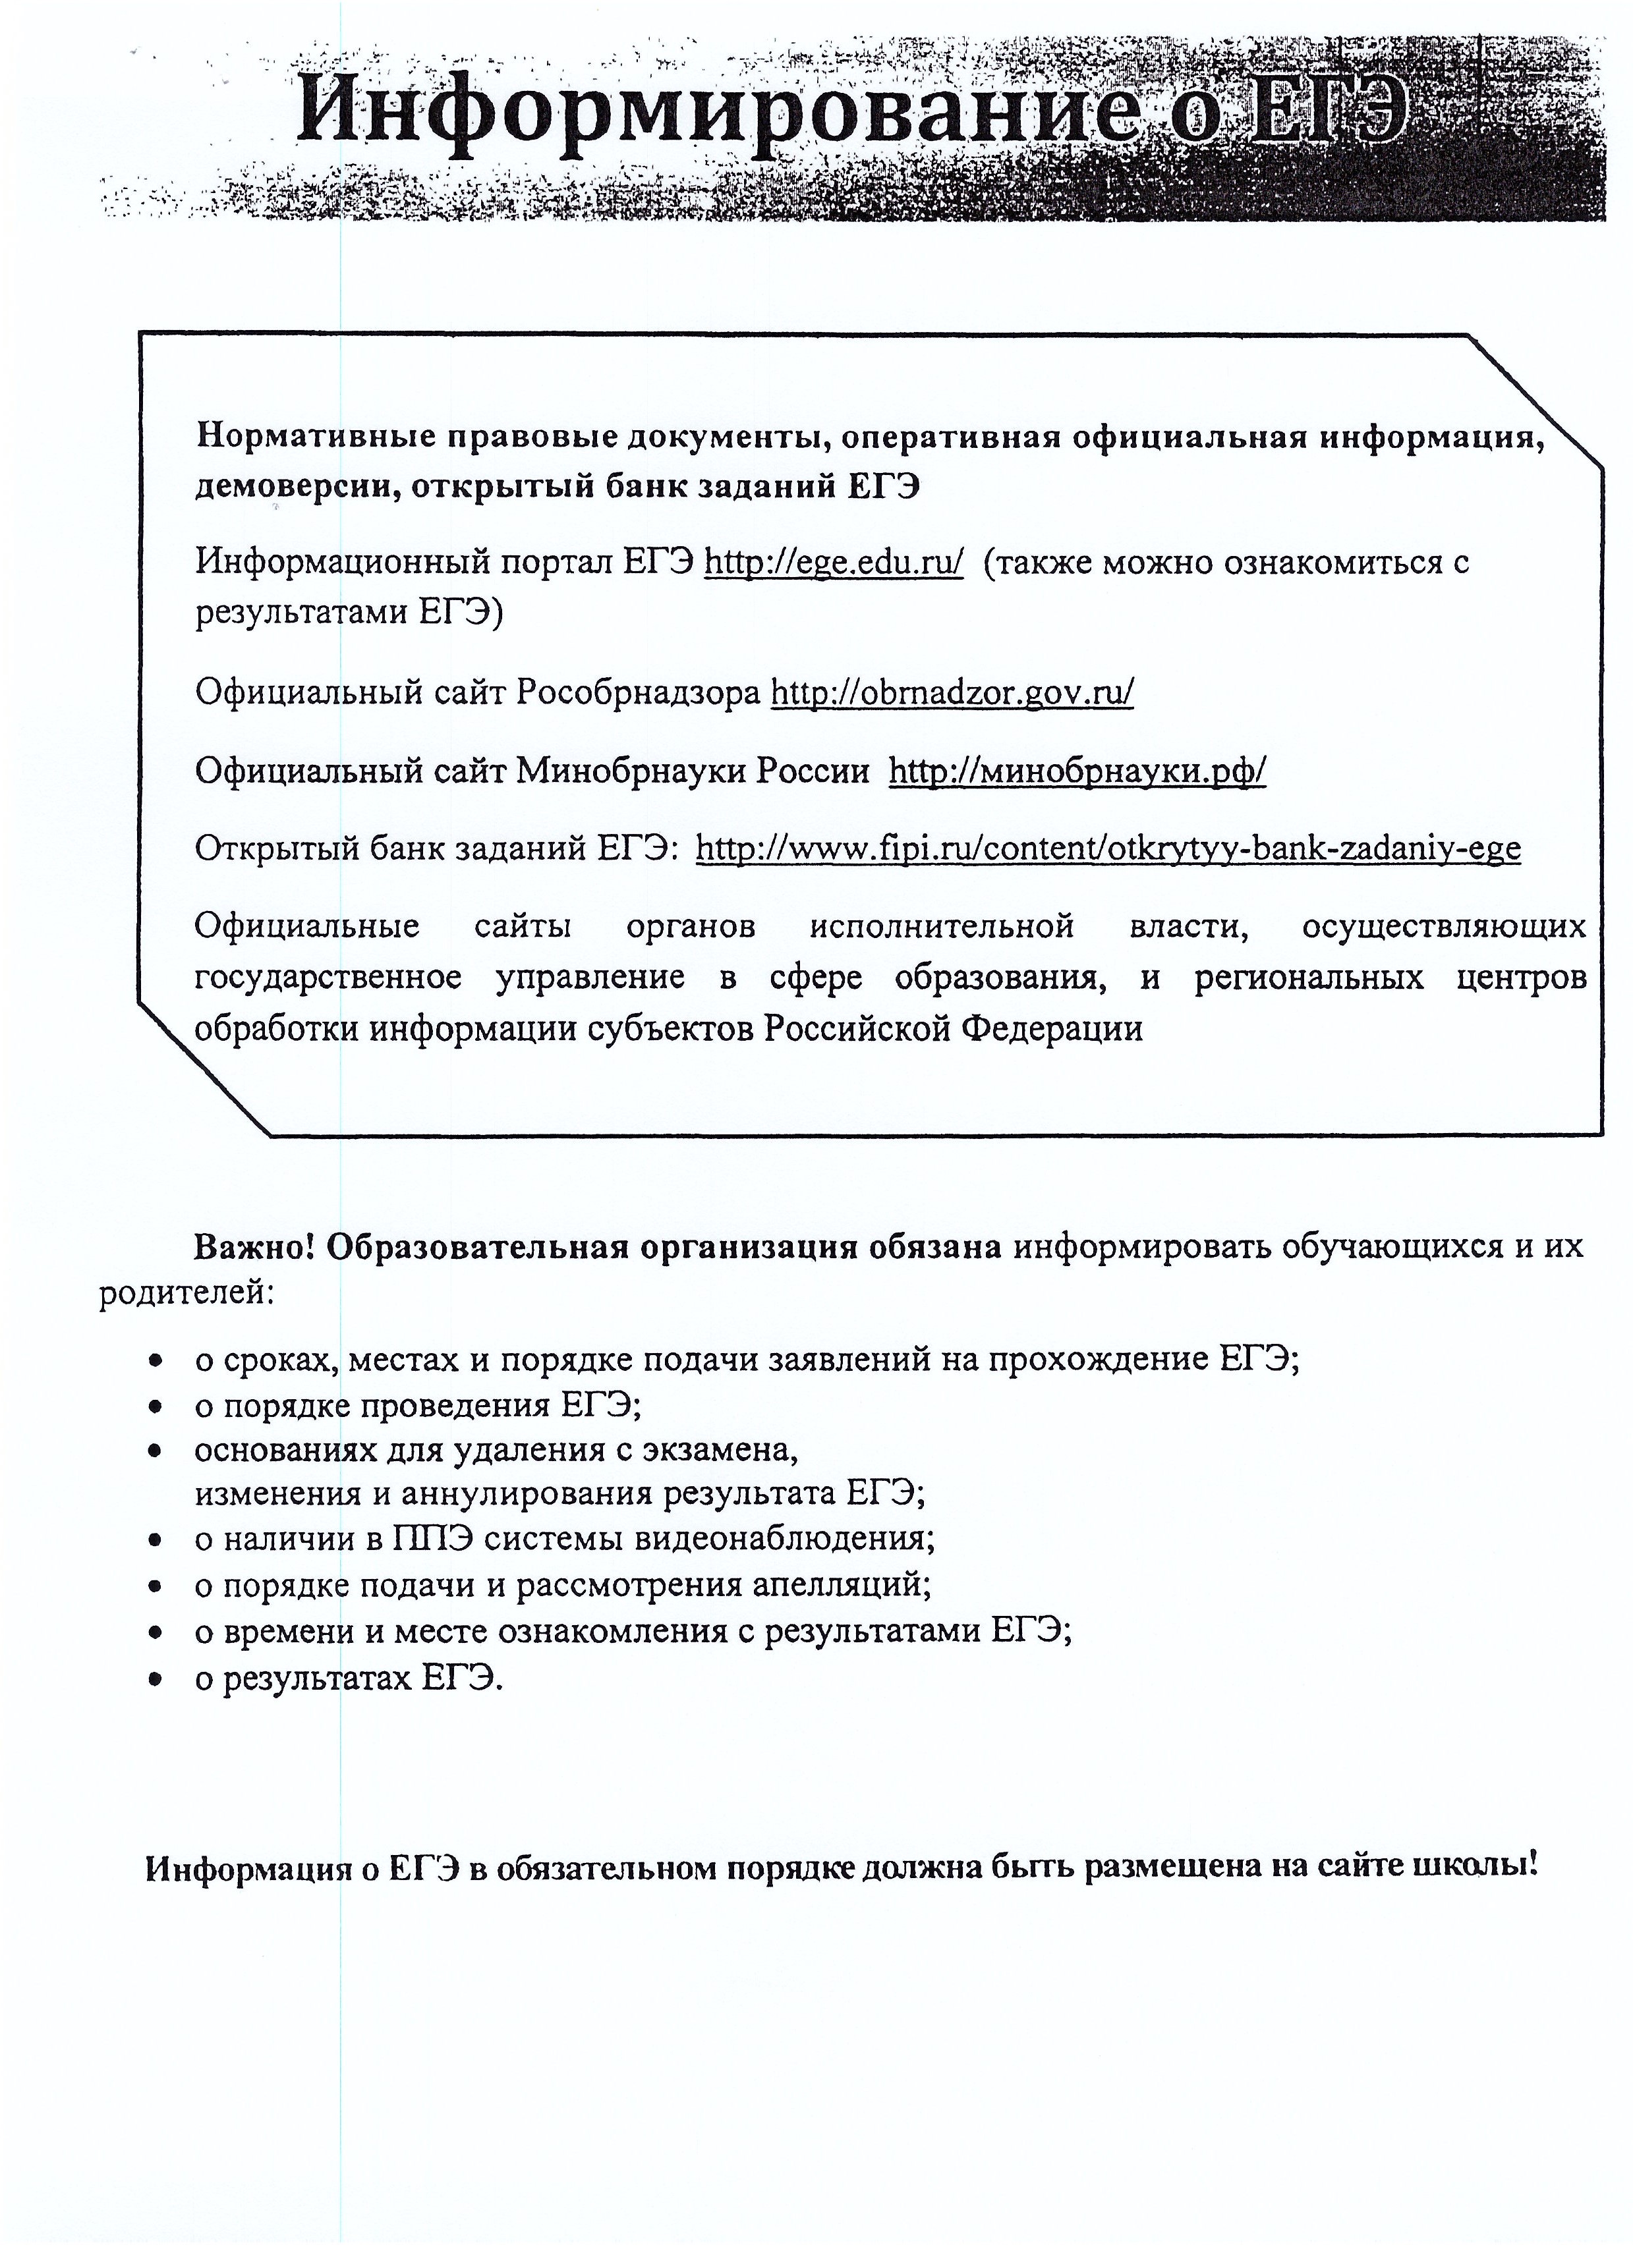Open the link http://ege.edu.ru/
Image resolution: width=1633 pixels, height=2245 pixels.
tap(833, 563)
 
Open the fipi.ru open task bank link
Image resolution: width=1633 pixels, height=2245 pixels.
tap(1108, 848)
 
